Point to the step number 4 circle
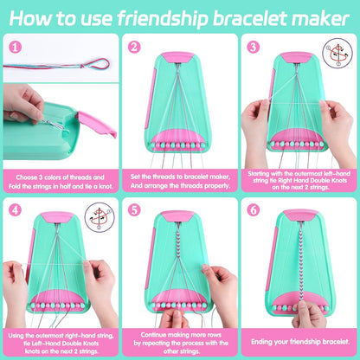click(x=14, y=209)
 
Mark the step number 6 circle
click(x=253, y=209)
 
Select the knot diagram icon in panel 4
click(x=98, y=216)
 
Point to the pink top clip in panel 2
click(x=180, y=57)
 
